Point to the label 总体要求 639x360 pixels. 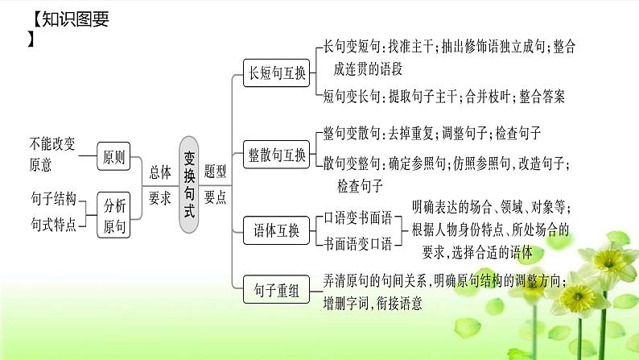(x=160, y=184)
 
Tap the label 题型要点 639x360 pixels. (x=215, y=184)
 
